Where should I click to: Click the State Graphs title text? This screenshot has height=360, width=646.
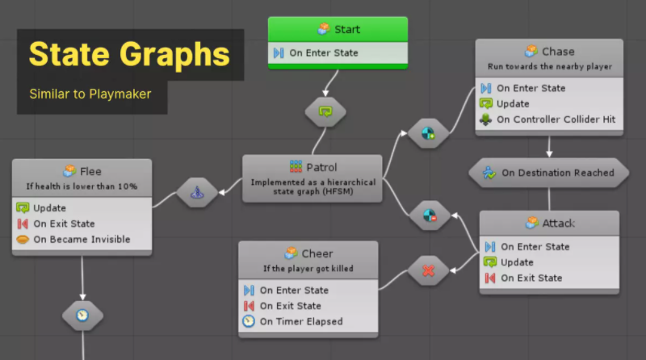[x=129, y=55]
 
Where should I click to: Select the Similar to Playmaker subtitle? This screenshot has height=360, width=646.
[x=90, y=94]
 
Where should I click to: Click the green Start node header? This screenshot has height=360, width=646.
[x=338, y=29]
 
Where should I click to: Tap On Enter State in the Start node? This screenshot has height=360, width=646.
[x=323, y=53]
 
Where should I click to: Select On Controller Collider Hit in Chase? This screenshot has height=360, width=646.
[x=556, y=119]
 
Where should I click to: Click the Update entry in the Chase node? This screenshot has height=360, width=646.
[x=513, y=103]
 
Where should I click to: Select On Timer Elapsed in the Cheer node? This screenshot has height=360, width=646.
[x=300, y=321]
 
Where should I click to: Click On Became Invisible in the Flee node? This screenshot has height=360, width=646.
[x=81, y=239]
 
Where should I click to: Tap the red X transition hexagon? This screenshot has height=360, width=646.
[x=428, y=271]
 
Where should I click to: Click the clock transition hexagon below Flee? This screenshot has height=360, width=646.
[x=82, y=315]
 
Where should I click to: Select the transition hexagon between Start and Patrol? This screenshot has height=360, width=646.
[x=325, y=111]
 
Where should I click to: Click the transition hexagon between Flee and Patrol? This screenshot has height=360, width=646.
[x=197, y=193]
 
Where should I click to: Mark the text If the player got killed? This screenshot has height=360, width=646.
[x=308, y=268]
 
